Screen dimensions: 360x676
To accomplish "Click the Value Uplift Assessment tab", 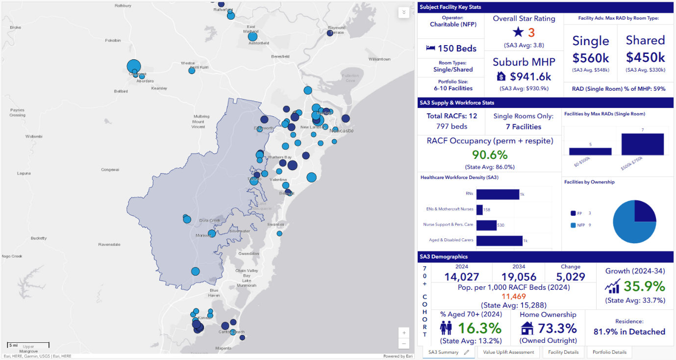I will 508,352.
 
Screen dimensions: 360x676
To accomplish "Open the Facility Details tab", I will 563,352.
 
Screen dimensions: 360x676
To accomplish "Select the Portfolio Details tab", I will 609,352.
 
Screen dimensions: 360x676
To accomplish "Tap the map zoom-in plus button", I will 403,333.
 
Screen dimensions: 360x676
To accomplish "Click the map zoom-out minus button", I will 403,344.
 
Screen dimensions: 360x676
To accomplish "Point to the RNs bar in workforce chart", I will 497,194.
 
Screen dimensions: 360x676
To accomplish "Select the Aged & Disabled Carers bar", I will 499,240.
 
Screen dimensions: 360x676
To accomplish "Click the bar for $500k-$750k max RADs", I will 643,144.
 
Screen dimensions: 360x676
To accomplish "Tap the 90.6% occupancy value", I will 489,155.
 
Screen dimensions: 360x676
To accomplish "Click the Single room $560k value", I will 591,58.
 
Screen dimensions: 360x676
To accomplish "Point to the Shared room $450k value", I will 645,57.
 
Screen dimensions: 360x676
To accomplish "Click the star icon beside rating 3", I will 518,32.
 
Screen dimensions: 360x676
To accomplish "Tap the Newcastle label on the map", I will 341,131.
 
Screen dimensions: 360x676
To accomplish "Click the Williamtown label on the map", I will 379,59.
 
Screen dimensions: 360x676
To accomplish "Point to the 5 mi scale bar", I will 28,345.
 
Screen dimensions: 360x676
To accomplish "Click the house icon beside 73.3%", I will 527,328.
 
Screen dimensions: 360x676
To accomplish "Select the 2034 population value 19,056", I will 519,277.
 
